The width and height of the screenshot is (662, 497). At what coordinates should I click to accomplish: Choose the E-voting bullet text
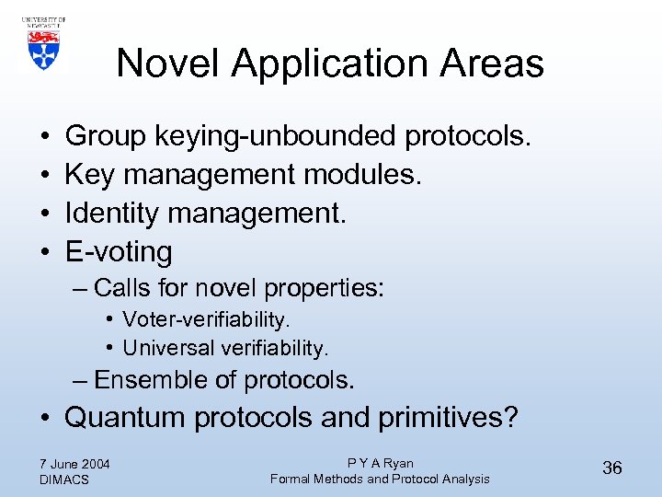(x=119, y=251)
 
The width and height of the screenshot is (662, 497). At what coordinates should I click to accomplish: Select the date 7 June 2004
(x=75, y=463)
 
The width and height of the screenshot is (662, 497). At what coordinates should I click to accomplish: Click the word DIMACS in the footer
(x=64, y=480)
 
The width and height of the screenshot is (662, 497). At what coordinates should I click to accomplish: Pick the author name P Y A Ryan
(x=380, y=463)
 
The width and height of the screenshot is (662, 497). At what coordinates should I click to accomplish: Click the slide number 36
(x=612, y=468)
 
